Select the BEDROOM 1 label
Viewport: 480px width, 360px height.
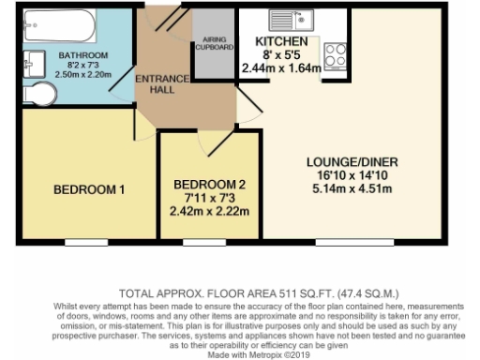[x=89, y=190]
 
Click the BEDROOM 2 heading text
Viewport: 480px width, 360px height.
[x=210, y=184]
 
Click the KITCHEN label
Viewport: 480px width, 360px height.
[x=281, y=43]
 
